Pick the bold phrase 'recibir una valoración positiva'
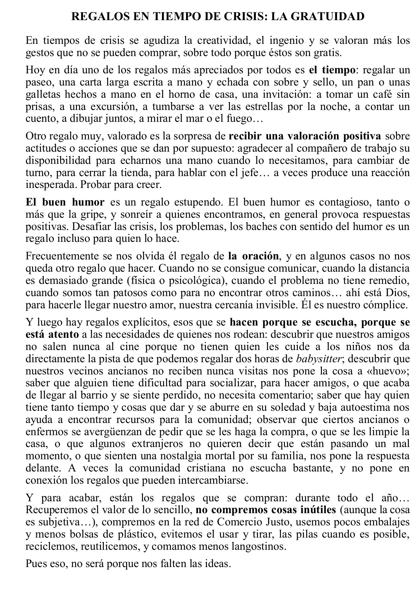[305, 136]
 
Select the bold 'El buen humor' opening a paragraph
[65, 202]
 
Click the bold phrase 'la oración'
[253, 256]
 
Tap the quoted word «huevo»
[390, 371]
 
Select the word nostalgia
[162, 456]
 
